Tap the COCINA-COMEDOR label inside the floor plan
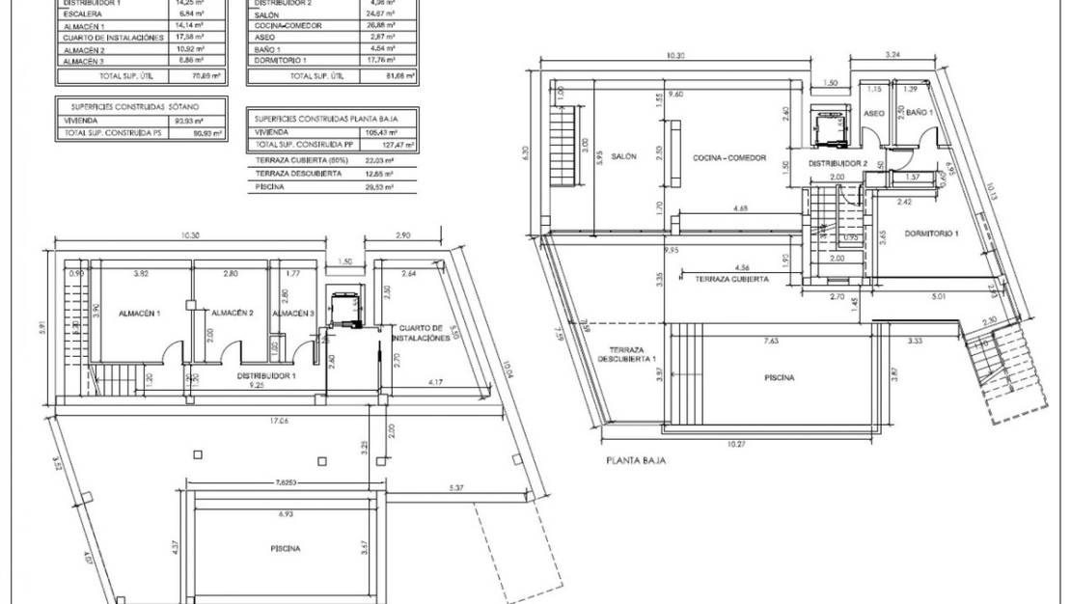[x=729, y=157]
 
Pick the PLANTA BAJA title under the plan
[x=635, y=461]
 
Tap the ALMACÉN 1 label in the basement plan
[x=140, y=314]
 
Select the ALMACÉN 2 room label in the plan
[x=231, y=313]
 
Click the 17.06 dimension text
[x=279, y=420]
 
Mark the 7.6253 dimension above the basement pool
[x=288, y=482]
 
